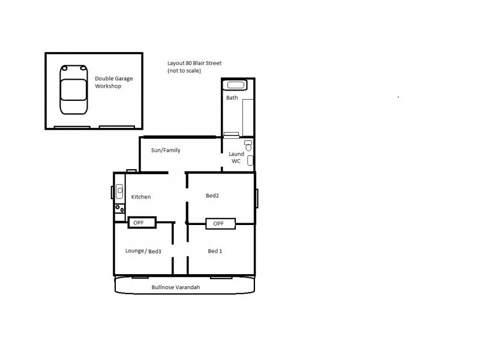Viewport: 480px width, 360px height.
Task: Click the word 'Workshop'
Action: [x=108, y=86]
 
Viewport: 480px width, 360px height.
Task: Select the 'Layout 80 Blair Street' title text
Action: [x=194, y=63]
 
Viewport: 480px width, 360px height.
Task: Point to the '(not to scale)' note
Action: [x=184, y=71]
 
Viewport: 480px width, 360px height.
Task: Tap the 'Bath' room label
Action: [x=232, y=97]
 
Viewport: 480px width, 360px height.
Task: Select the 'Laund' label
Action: [x=236, y=154]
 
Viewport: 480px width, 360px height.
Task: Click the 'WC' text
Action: [x=236, y=161]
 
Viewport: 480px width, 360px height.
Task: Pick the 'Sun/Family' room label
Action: [x=166, y=150]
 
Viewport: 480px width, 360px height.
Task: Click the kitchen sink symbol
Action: [x=119, y=193]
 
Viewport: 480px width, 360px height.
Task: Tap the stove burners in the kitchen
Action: [x=119, y=208]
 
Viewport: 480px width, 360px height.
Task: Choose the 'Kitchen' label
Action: [x=141, y=196]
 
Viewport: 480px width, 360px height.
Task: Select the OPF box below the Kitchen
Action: [x=142, y=223]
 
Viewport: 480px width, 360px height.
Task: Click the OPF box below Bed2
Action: [x=219, y=224]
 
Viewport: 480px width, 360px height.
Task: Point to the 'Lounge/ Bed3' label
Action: [x=143, y=251]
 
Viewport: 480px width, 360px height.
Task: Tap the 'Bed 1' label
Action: [x=215, y=251]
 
